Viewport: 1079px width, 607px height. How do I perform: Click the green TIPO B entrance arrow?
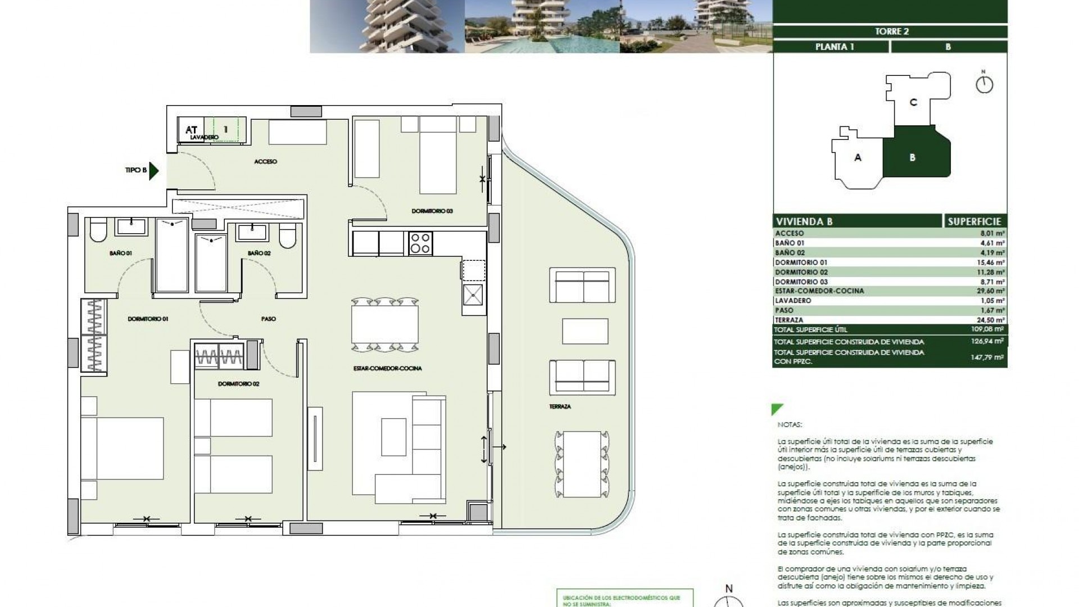(155, 171)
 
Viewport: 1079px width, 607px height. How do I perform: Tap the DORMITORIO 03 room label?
(432, 211)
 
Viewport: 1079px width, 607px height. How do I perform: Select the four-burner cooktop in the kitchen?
(420, 243)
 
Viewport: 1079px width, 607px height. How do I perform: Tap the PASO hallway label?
(268, 319)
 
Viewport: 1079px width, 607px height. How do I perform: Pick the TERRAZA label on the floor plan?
(560, 406)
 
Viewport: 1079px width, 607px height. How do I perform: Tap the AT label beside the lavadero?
(191, 130)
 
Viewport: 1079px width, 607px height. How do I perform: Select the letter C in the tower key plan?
(913, 102)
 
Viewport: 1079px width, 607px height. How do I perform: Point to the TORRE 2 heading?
(891, 31)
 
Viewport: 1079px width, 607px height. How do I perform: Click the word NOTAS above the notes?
(790, 425)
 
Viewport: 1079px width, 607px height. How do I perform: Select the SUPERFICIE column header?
(974, 221)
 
